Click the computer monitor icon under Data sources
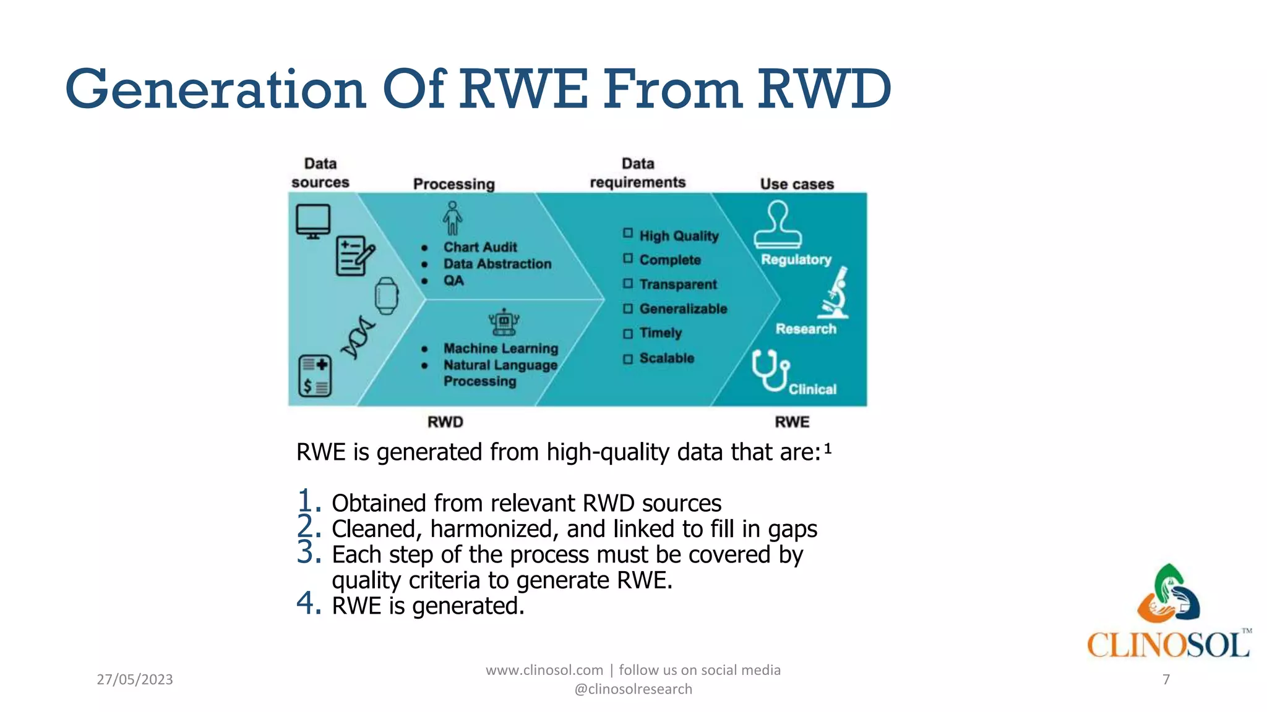click(x=313, y=221)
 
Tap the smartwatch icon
click(x=387, y=296)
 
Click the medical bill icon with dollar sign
click(x=315, y=376)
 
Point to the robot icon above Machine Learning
click(x=504, y=321)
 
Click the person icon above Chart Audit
click(x=452, y=218)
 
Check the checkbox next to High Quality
click(x=628, y=234)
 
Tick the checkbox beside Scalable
click(x=628, y=358)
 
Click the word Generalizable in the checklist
click(x=683, y=308)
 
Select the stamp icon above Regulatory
click(x=778, y=226)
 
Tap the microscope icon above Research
click(x=835, y=293)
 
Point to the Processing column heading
click(x=454, y=184)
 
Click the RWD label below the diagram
click(x=445, y=422)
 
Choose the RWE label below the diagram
click(x=792, y=422)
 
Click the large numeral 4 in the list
click(x=308, y=603)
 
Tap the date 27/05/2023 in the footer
click(x=135, y=679)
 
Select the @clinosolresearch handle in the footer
click(x=633, y=689)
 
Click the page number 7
click(x=1166, y=679)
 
